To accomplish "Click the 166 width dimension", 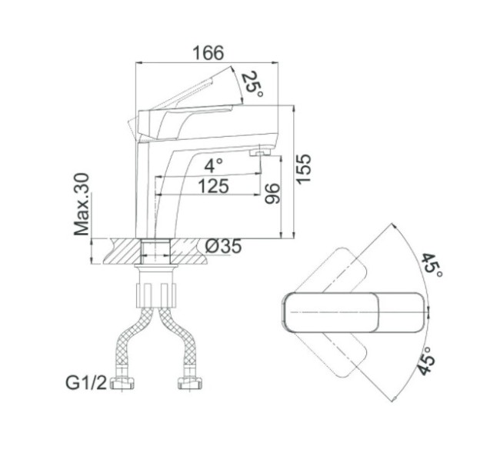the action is click(208, 53).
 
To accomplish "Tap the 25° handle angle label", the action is click(252, 84).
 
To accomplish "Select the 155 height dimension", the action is click(302, 169).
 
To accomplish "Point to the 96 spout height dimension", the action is click(272, 194).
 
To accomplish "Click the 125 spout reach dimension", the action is click(213, 186).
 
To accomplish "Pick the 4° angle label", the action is click(213, 166).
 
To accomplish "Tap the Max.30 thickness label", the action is click(82, 204).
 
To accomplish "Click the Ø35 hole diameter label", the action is click(223, 246).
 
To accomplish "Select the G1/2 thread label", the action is click(86, 383).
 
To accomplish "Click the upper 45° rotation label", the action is click(432, 265).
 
